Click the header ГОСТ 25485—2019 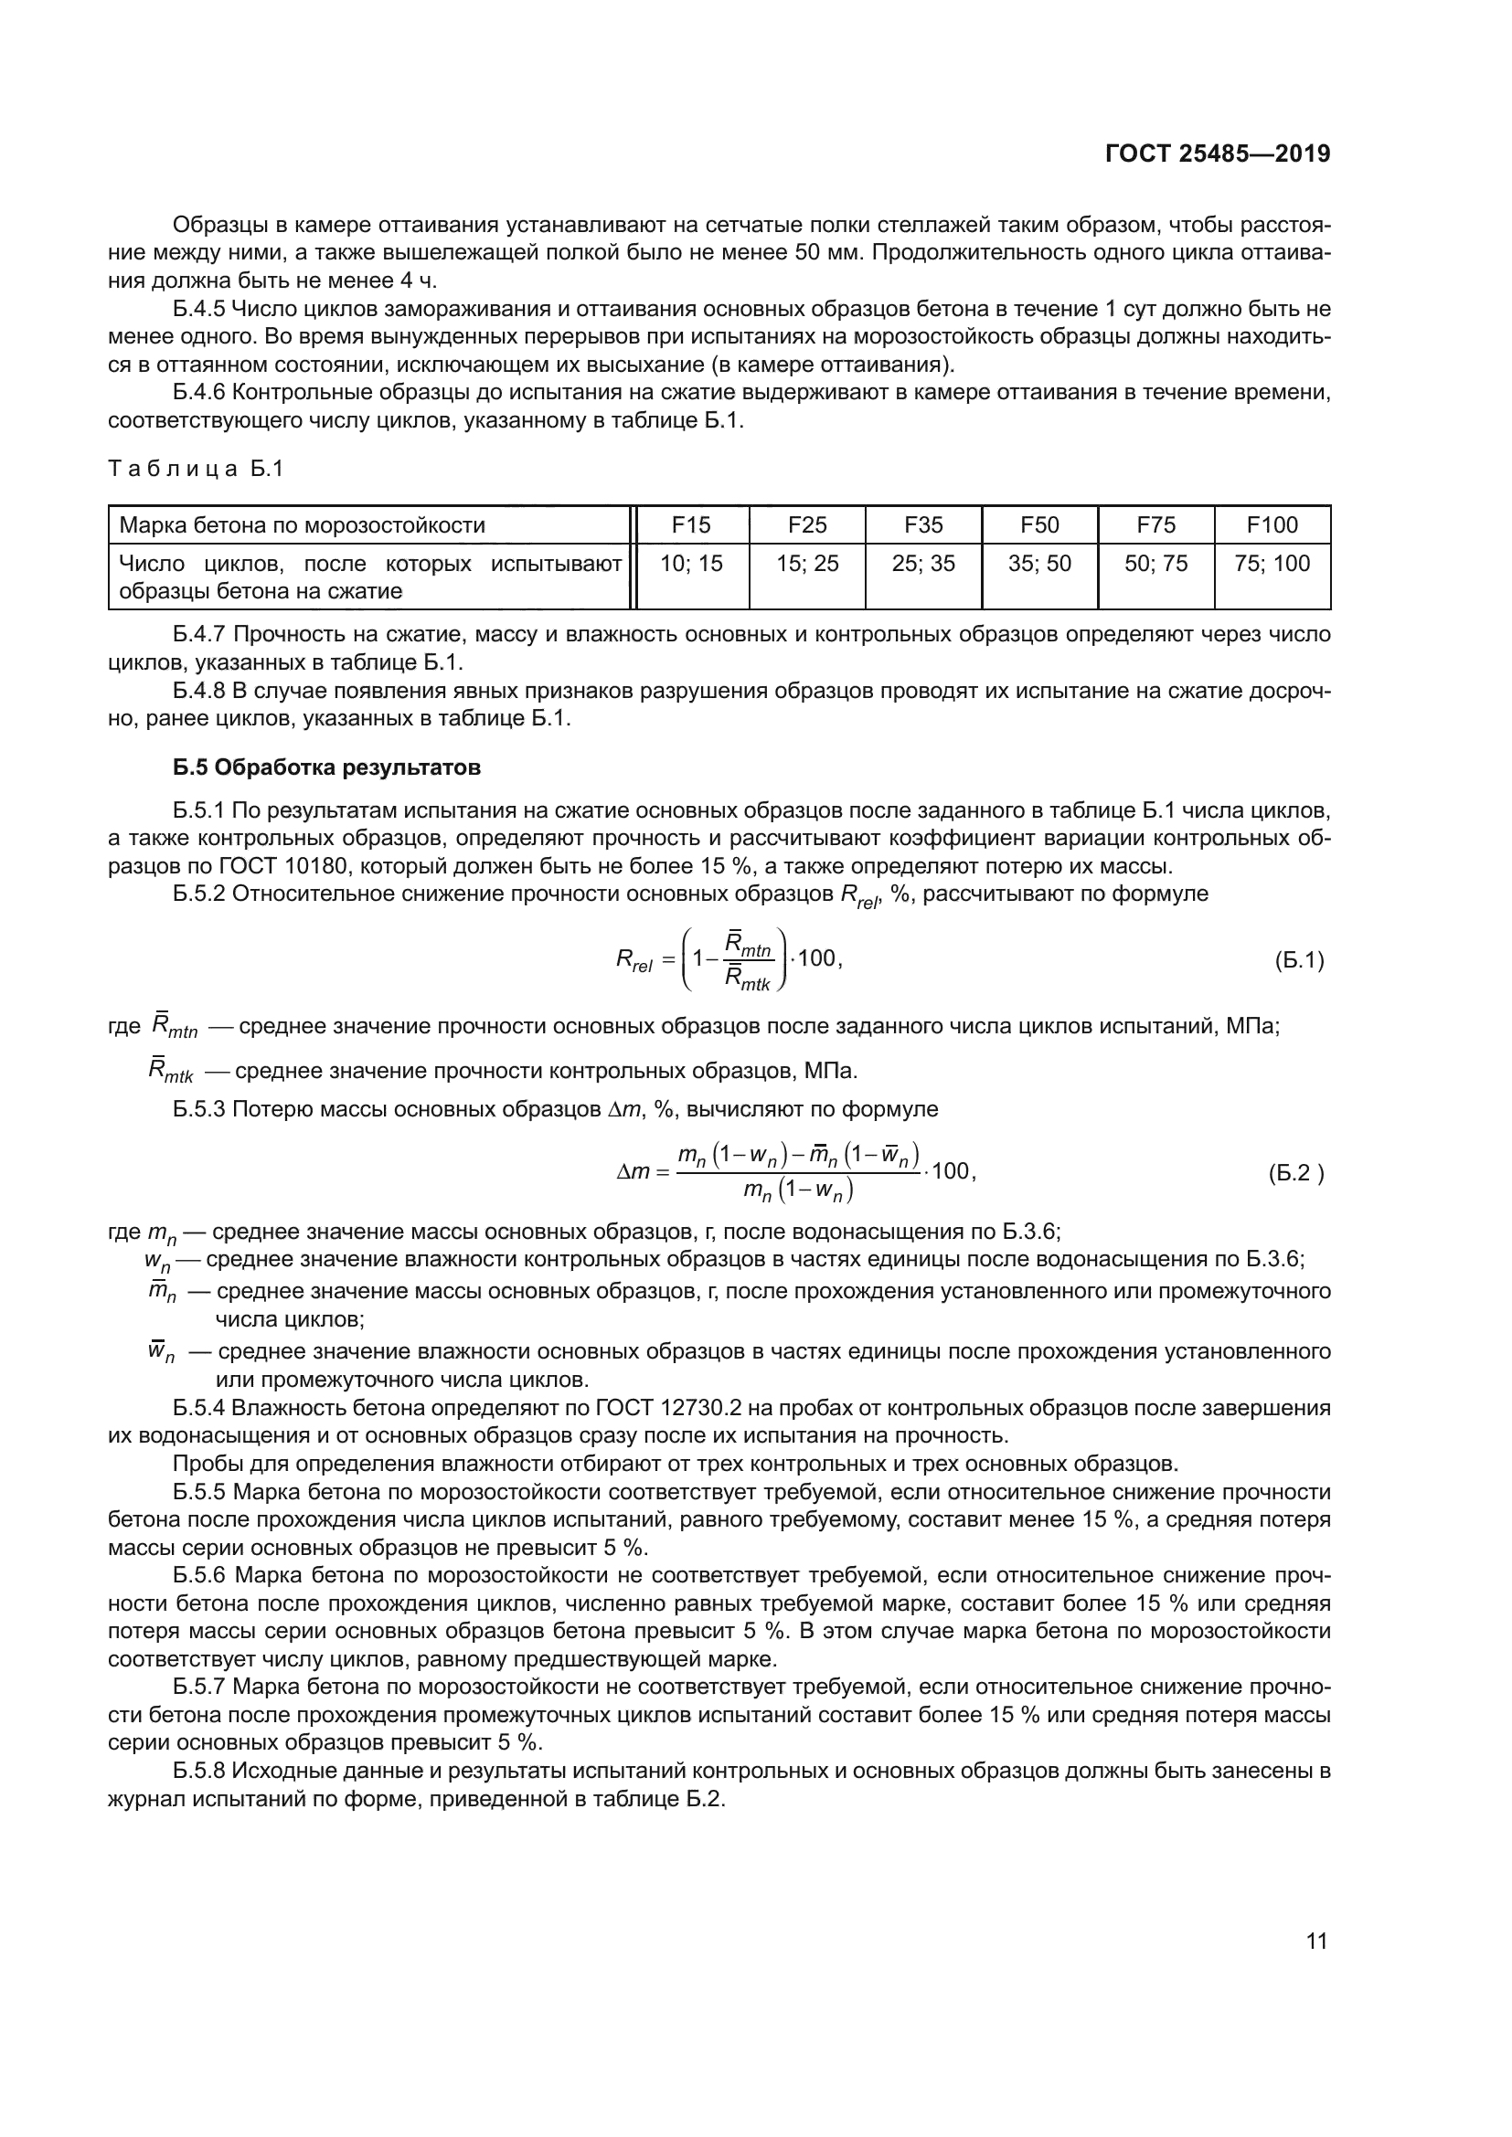tap(1217, 153)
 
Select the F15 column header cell tap(691, 525)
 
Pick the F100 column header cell tap(1272, 525)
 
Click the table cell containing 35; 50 tap(1039, 563)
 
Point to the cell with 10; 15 tap(691, 563)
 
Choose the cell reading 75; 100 tap(1272, 563)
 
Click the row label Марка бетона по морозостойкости tap(302, 525)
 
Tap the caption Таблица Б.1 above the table tap(196, 469)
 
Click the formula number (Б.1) tap(1299, 960)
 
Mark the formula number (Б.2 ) tap(1295, 1173)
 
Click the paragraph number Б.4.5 tap(199, 309)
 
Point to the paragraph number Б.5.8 tap(199, 1771)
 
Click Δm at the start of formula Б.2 tap(633, 1173)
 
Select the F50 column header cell tap(1039, 525)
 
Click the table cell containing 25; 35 tap(922, 563)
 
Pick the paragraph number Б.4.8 tap(199, 692)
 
